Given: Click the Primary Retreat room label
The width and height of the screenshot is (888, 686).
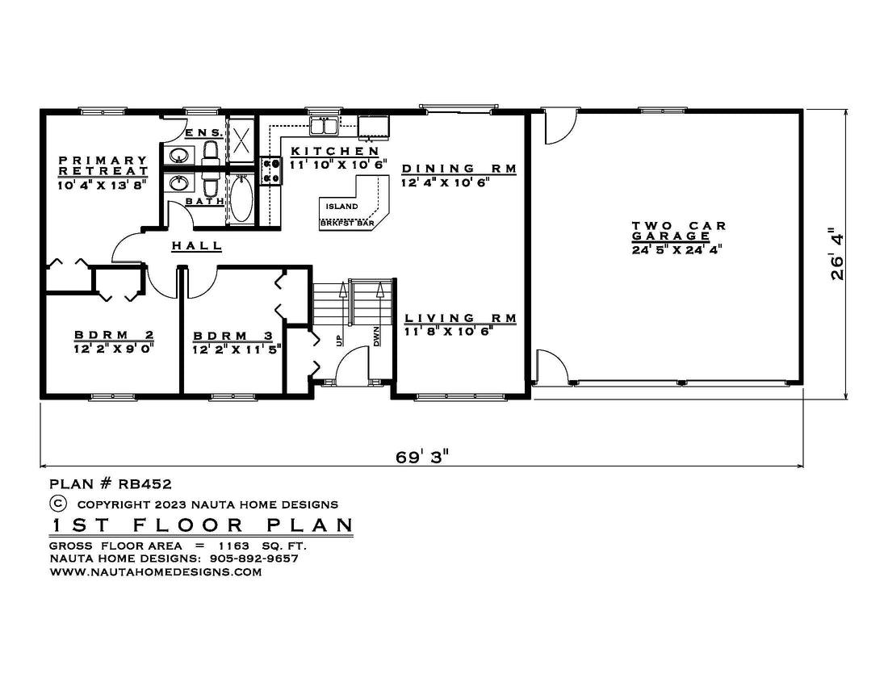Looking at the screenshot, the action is (x=103, y=165).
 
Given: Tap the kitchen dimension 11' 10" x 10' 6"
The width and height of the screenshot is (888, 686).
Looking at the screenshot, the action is (x=338, y=165).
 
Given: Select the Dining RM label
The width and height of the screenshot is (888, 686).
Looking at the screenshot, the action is (x=459, y=169).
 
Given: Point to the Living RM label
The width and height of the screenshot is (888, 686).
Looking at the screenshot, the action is (x=460, y=318).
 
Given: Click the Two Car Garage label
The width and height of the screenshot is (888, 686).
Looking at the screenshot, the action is (x=678, y=231).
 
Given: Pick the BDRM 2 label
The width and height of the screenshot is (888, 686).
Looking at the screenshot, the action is (x=114, y=335).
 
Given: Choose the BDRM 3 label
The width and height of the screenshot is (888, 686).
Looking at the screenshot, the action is (x=232, y=337).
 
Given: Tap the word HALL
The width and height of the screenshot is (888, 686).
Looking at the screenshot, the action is (x=196, y=245).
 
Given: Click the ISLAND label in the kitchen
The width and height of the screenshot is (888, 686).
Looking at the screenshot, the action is (x=341, y=207).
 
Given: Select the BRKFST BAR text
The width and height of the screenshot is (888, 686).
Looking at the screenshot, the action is (x=347, y=223).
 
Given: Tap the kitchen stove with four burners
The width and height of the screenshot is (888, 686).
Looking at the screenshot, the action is (x=270, y=171).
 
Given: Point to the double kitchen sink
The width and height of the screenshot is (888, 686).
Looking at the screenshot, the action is (x=324, y=126).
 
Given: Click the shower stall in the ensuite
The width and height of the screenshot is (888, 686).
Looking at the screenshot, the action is (x=241, y=140).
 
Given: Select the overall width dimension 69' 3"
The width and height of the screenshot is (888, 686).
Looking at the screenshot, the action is (x=422, y=456).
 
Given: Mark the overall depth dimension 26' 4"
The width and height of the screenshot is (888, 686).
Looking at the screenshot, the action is (x=837, y=253).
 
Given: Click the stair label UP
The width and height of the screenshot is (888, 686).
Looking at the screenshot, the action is (x=339, y=340).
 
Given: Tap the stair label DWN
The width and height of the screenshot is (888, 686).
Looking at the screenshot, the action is (x=376, y=337).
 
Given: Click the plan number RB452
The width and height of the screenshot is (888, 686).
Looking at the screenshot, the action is (x=145, y=484).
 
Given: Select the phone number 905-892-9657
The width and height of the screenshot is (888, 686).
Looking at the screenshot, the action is (x=253, y=558).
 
